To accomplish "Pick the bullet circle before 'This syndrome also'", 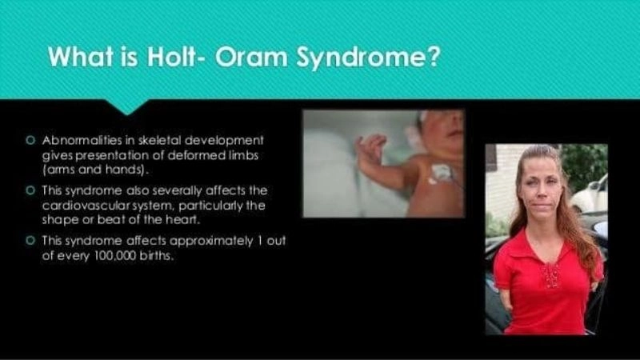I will (x=31, y=190).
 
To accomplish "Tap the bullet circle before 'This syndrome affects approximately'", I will (x=31, y=238).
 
